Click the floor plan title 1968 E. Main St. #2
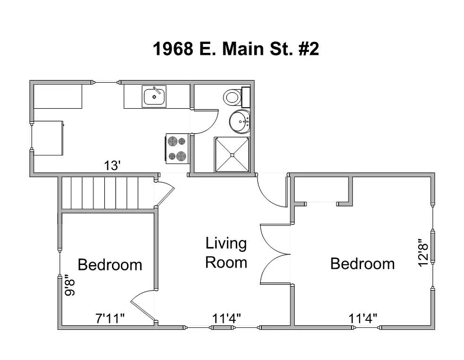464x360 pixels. coord(236,49)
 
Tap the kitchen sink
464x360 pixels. coord(154,97)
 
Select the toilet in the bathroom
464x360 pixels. coord(232,97)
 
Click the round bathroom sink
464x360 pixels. coord(240,121)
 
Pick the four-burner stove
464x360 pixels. coord(177,148)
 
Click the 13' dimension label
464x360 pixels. coord(113,166)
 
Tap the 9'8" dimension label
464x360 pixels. coord(70,285)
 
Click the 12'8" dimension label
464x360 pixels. coord(424,254)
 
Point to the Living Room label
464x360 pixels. coord(226,253)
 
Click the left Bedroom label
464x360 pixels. coord(110,265)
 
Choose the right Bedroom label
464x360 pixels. coord(362,263)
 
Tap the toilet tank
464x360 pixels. coord(246,97)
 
